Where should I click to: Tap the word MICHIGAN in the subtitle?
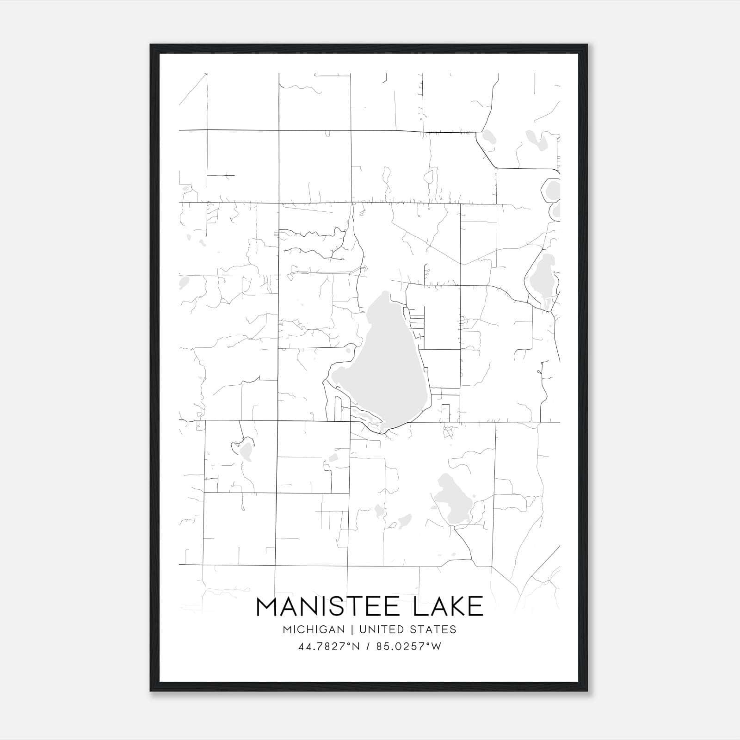click(314, 629)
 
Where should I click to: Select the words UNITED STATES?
click(407, 629)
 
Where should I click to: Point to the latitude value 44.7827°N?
click(329, 647)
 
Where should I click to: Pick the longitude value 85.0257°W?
click(409, 647)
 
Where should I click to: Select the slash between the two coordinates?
click(369, 647)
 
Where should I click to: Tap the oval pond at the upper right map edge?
click(552, 190)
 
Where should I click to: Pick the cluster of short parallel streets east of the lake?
click(416, 319)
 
